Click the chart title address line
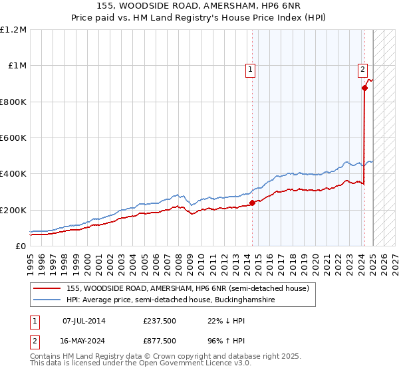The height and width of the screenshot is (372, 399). point(199,6)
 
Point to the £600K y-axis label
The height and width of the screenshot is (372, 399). point(13,138)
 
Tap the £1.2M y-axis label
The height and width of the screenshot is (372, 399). point(13,30)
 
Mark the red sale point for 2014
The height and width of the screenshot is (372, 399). point(252,203)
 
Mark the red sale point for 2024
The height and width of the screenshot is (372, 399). point(364,88)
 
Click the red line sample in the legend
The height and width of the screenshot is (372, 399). point(47,289)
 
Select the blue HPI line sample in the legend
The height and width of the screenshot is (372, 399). point(47,300)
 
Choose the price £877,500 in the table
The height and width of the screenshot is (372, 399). point(160,340)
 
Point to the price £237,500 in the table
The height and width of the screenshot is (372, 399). point(160,321)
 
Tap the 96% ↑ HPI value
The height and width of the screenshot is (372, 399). point(226,340)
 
